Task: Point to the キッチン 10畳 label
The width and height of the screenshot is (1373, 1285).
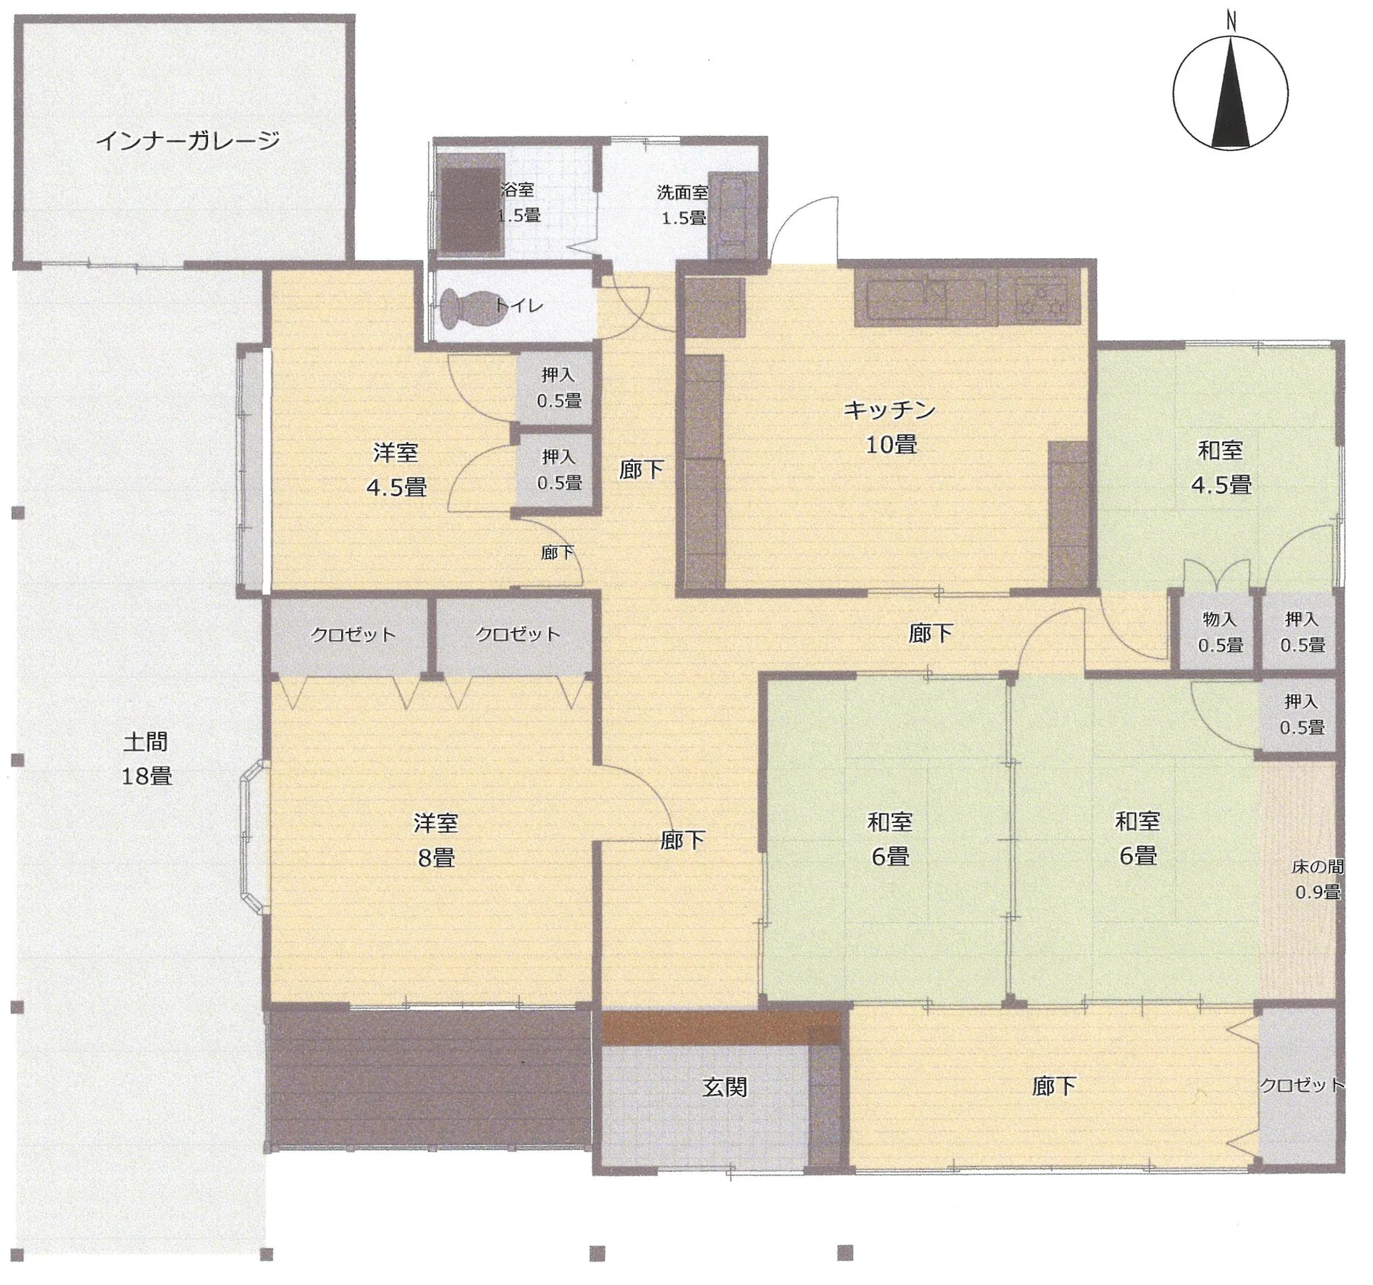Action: (890, 427)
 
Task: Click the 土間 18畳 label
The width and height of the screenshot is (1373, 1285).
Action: (146, 759)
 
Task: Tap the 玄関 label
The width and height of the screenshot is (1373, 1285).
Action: (724, 1088)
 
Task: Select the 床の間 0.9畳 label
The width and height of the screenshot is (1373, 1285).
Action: (1317, 880)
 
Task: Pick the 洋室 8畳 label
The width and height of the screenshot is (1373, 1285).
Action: (435, 840)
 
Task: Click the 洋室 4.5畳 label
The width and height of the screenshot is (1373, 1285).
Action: (396, 469)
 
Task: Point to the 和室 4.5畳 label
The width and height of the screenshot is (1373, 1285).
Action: (1221, 467)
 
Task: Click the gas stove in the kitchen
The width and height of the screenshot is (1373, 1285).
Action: (1041, 299)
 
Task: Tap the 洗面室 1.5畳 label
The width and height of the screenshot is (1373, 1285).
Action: (683, 205)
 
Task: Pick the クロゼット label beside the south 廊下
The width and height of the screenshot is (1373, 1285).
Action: (1301, 1085)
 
